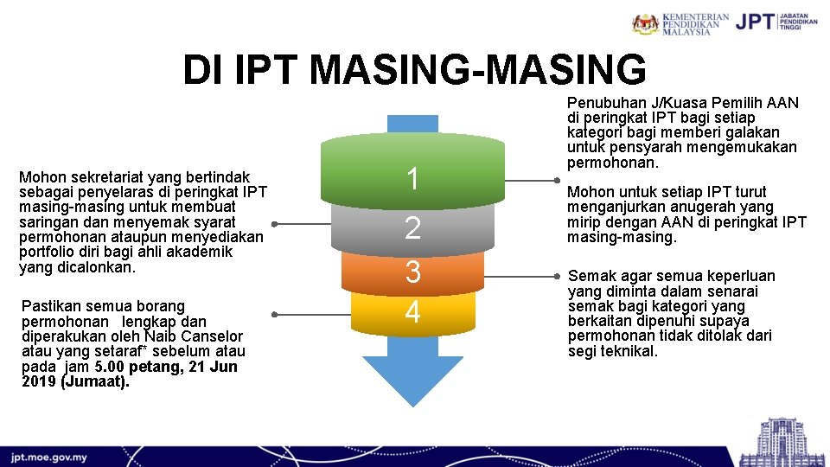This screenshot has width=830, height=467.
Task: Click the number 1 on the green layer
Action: click(413, 179)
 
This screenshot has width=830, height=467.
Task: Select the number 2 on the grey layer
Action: click(413, 228)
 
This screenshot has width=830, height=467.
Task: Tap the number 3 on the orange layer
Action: click(413, 272)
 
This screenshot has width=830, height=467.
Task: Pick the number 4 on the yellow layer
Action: click(413, 311)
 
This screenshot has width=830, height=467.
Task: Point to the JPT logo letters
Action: click(754, 22)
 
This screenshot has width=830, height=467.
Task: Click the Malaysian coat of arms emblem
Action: click(645, 23)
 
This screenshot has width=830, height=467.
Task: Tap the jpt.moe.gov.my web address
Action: click(48, 457)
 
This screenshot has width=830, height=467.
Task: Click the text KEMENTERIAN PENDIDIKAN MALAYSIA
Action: click(695, 23)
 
